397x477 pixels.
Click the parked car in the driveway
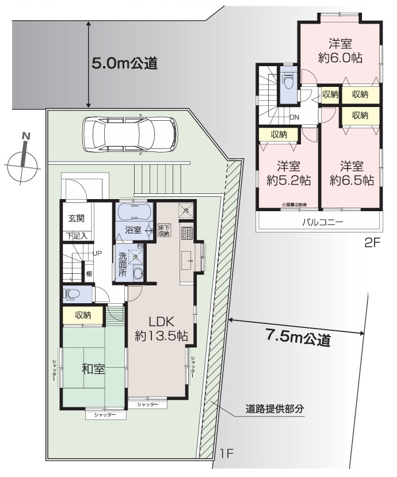click(130, 134)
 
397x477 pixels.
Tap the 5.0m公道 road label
click(124, 63)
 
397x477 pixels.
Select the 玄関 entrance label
click(77, 218)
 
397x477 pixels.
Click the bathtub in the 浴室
click(134, 213)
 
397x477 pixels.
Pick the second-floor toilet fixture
click(288, 82)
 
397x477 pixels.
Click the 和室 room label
click(93, 369)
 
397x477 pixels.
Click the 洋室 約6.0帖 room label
click(340, 51)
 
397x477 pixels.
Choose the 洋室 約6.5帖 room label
click(351, 173)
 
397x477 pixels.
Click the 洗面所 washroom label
click(122, 265)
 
